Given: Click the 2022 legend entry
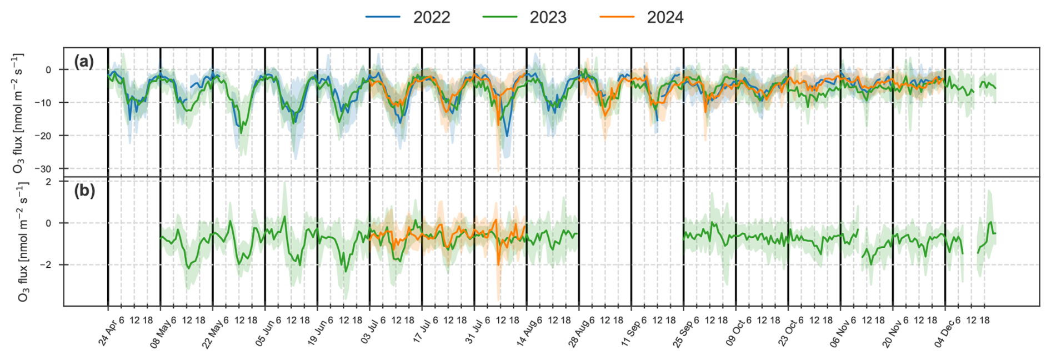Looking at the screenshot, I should point(408,17).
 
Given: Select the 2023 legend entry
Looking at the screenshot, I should point(525,17).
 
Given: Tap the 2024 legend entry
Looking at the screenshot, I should point(642,17).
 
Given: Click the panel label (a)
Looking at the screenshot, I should point(84,62).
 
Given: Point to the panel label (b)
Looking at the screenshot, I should point(84,191).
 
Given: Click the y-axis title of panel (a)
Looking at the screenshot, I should point(18,113).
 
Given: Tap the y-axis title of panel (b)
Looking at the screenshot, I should point(22,242).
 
